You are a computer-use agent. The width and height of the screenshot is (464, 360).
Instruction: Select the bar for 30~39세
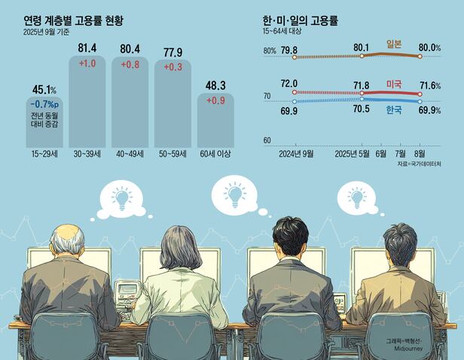[x=87, y=105]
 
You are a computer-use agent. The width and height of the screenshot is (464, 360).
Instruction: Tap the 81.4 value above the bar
[x=87, y=49]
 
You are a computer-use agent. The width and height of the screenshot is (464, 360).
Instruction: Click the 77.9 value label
[x=173, y=51]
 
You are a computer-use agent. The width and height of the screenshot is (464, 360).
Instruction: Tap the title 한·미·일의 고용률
[x=300, y=21]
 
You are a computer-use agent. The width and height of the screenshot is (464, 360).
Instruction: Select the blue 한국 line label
[x=393, y=111]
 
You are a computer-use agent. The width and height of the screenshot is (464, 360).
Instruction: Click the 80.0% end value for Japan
[x=429, y=49]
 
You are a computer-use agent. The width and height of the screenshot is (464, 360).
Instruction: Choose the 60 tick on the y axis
[x=267, y=141]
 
